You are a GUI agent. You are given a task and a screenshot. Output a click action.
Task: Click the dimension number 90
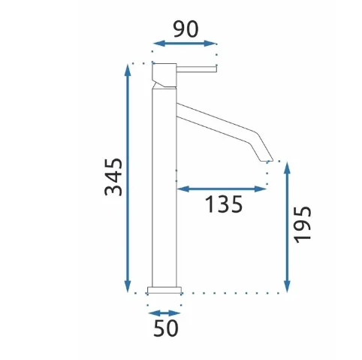click(x=186, y=29)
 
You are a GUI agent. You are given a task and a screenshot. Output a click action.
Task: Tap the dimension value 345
click(x=113, y=177)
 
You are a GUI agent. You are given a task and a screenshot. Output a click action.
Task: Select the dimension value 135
click(x=224, y=204)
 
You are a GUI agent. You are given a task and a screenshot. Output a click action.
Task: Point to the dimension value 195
click(x=303, y=225)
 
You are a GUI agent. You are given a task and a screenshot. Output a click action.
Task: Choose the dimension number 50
click(x=166, y=328)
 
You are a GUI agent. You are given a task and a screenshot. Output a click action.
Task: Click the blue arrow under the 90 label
click(x=185, y=44)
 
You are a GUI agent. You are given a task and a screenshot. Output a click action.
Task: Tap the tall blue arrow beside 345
click(x=128, y=178)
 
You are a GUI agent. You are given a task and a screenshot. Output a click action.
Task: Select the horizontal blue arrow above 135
click(x=222, y=189)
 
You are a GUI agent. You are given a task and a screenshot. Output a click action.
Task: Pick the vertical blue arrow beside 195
click(x=287, y=227)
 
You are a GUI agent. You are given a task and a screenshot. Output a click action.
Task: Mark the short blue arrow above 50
click(x=164, y=313)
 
